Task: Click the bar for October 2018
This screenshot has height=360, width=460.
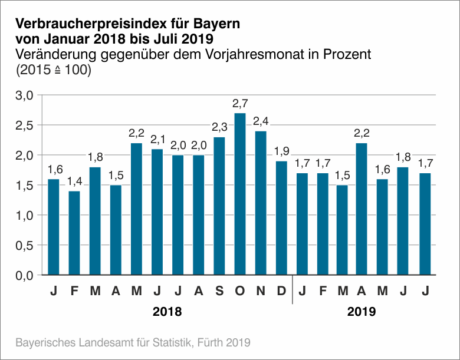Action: pyautogui.click(x=239, y=194)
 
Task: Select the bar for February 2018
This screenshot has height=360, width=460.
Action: pyautogui.click(x=74, y=233)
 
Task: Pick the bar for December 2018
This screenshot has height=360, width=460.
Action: pyautogui.click(x=281, y=218)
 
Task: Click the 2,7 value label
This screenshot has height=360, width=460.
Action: pyautogui.click(x=239, y=104)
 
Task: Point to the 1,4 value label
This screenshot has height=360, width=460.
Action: pyautogui.click(x=74, y=181)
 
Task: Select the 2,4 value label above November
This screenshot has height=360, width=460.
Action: pyautogui.click(x=260, y=121)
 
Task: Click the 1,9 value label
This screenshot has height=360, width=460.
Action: pyautogui.click(x=281, y=151)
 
